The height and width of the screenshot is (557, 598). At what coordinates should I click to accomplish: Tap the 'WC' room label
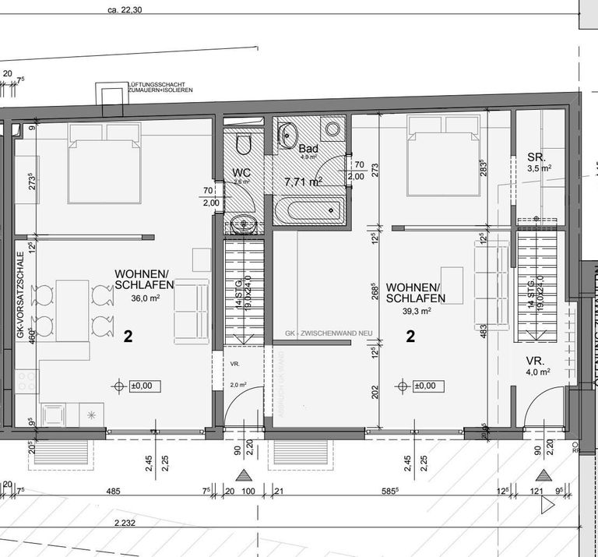point(241,173)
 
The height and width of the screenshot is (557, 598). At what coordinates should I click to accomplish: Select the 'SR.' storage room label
point(536,156)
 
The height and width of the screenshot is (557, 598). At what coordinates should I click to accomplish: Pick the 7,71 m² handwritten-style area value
point(303,182)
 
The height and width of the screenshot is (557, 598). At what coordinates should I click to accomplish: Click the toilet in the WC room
point(242,144)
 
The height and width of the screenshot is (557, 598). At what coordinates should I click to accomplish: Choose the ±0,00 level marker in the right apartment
point(420,386)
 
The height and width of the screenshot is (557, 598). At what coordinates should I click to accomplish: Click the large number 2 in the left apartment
point(128,337)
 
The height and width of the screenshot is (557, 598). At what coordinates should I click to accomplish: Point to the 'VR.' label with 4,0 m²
point(535,361)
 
